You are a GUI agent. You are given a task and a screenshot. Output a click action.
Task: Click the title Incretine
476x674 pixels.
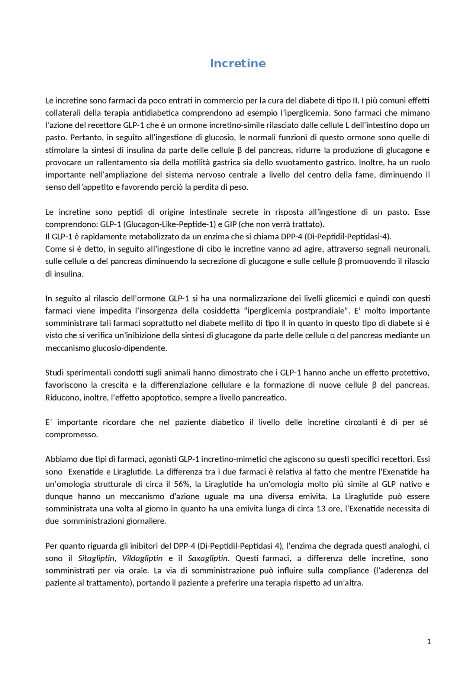coord(238,63)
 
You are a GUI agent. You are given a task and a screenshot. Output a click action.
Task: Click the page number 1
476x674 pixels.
coord(429,641)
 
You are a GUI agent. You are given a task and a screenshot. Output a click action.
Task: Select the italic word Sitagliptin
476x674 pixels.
coord(96,558)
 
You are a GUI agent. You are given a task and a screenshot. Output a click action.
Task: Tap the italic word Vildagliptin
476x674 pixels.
coord(142,558)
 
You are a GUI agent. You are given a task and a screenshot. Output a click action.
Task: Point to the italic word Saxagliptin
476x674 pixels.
coord(208,558)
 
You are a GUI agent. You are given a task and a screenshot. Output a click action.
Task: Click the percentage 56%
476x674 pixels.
coord(182,484)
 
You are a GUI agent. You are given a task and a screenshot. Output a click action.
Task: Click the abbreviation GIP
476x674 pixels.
coord(231,224)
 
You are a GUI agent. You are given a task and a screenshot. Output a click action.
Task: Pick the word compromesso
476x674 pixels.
coord(71,434)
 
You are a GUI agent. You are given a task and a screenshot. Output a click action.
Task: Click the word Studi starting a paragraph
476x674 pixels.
coord(54,373)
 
